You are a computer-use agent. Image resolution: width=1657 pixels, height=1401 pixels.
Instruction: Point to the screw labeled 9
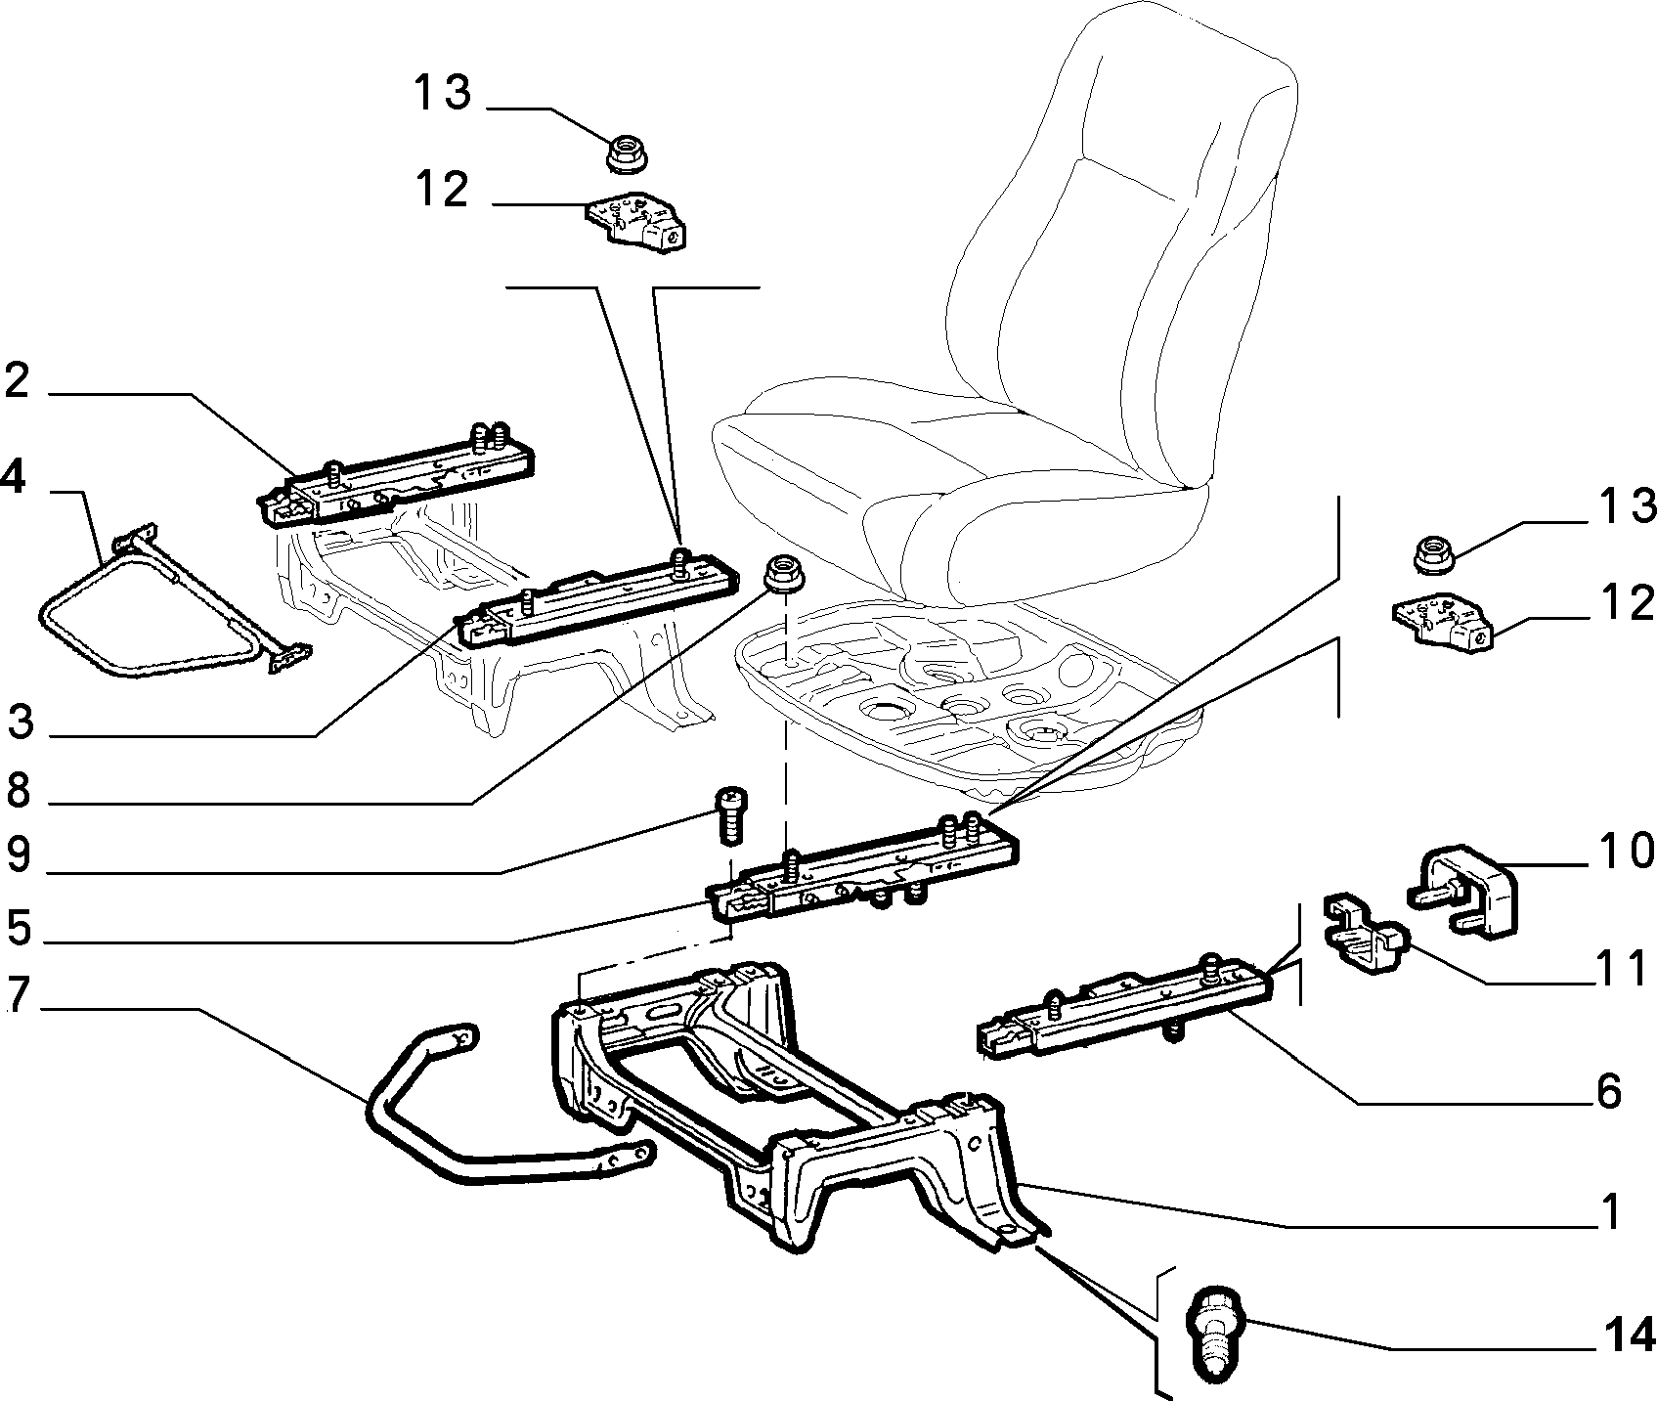coord(727,813)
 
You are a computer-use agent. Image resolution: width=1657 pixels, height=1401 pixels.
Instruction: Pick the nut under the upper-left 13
coord(627,152)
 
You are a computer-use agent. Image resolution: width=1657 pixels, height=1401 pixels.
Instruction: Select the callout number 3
coord(22,723)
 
